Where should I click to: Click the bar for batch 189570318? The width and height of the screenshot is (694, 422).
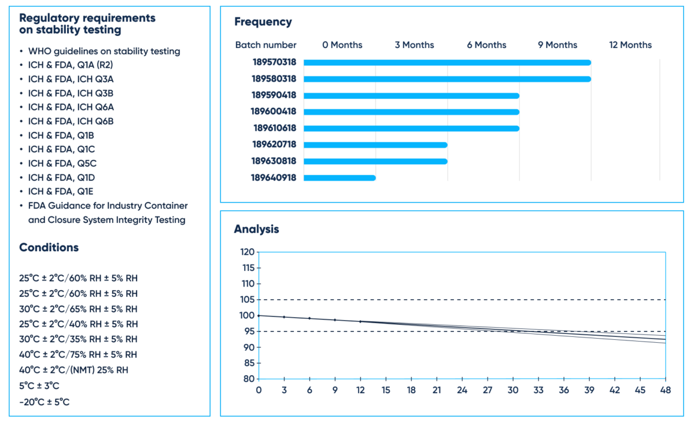click(x=447, y=63)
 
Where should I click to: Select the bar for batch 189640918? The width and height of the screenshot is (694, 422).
click(x=339, y=178)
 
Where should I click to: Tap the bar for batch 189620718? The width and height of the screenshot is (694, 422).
click(x=375, y=145)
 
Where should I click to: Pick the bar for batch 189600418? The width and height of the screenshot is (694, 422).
click(x=411, y=112)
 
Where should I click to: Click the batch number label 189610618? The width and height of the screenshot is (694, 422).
click(x=274, y=129)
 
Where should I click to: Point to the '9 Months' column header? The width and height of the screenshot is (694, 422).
click(x=557, y=45)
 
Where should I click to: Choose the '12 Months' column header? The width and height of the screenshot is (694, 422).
click(x=630, y=45)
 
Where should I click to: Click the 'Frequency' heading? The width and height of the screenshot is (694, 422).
click(x=263, y=22)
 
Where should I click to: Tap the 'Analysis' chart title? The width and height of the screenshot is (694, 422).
click(x=256, y=229)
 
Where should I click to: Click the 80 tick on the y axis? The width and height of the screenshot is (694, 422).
click(x=248, y=379)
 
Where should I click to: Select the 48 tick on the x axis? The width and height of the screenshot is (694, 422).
click(x=665, y=391)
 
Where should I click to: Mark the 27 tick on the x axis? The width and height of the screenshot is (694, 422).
click(x=488, y=391)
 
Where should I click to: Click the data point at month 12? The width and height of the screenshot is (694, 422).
click(x=360, y=321)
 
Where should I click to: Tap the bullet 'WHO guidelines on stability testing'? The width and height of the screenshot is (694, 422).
click(x=104, y=51)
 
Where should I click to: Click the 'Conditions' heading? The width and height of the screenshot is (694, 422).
click(x=49, y=247)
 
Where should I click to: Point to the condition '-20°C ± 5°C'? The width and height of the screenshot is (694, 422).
click(x=44, y=402)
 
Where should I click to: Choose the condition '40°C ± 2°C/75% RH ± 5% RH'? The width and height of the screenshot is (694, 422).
click(x=78, y=354)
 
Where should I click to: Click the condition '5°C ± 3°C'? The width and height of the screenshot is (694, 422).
click(x=39, y=386)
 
